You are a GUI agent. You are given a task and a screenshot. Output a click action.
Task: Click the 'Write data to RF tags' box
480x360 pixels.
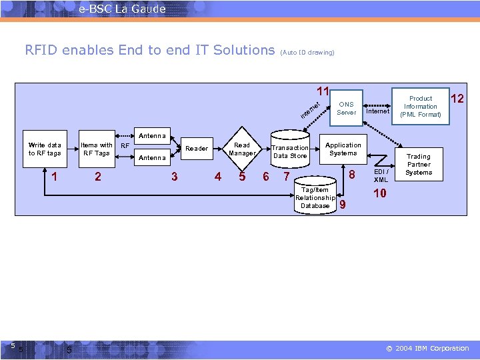[x=45, y=149]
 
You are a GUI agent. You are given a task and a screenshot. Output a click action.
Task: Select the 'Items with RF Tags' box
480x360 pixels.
[x=97, y=149]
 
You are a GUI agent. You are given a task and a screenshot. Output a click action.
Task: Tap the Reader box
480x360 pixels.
[x=197, y=149]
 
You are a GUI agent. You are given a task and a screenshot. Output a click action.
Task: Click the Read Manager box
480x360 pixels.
[x=242, y=149]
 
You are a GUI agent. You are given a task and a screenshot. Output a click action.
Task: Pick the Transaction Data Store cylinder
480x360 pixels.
[x=290, y=151]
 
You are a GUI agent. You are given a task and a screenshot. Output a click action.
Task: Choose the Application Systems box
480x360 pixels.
[x=343, y=149]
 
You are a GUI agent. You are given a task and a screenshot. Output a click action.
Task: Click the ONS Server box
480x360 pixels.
[x=346, y=108]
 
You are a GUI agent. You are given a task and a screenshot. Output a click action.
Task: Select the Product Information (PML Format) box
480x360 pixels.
[x=421, y=107]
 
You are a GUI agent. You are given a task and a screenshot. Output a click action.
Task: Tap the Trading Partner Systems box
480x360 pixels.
[x=419, y=165]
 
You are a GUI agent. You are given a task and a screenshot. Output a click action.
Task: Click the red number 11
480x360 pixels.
[x=323, y=91]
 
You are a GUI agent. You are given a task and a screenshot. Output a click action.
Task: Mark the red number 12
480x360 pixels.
[x=457, y=99]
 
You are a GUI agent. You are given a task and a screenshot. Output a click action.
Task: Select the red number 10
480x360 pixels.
[x=379, y=193]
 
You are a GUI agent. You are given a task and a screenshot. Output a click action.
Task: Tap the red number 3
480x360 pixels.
[x=174, y=177]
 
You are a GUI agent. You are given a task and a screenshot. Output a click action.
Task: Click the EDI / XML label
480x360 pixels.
[x=381, y=176]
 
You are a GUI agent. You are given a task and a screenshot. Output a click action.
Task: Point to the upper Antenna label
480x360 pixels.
[x=152, y=136]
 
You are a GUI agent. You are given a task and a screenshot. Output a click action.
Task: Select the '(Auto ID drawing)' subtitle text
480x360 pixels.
[x=307, y=52]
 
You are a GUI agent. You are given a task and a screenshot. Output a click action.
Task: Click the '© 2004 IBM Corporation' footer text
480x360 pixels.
[x=427, y=349]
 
